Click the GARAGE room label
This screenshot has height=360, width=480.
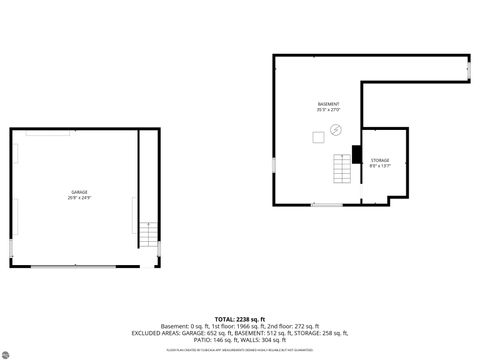pos(79,192)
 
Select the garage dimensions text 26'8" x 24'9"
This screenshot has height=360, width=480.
pos(79,198)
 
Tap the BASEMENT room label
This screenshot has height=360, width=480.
pos(329,104)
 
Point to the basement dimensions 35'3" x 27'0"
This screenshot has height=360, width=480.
pos(329,110)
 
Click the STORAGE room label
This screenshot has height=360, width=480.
pos(380,160)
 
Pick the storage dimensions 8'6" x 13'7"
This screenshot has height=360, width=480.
pos(380,166)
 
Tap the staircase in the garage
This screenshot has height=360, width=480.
pos(148,235)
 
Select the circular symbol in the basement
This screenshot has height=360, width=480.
pos(336,129)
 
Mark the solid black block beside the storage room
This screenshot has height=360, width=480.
pos(355,154)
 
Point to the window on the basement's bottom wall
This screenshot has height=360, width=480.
pos(326,205)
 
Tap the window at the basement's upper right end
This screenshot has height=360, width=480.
pos(469,70)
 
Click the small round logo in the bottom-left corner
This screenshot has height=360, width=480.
pos(7,352)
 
